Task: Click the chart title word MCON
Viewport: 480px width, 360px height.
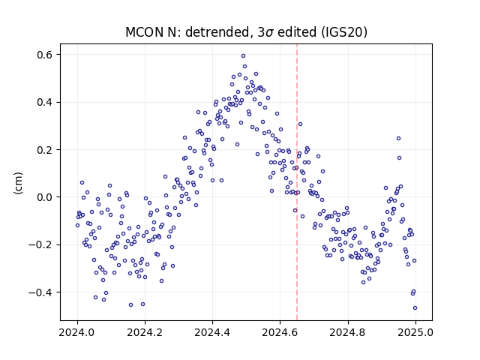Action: coord(145,31)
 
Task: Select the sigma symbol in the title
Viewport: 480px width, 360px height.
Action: coord(269,33)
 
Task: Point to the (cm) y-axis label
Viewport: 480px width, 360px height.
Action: coord(18,183)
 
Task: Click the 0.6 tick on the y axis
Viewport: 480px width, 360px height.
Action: coord(45,55)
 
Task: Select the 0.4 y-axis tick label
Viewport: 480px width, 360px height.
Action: coord(45,102)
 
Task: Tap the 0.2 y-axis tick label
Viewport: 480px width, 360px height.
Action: coord(45,150)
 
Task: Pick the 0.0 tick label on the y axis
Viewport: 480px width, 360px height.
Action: coord(45,197)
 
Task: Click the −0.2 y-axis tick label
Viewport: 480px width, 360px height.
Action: coord(40,245)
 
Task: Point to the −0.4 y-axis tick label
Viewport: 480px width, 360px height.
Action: coord(40,292)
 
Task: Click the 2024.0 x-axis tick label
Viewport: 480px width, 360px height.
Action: coord(77,332)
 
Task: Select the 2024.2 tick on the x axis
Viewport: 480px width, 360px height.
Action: coord(145,332)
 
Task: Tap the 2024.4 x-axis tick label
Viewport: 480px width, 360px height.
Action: coord(212,332)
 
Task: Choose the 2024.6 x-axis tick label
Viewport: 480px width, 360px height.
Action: coord(280,332)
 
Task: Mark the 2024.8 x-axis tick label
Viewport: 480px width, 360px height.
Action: coord(348,332)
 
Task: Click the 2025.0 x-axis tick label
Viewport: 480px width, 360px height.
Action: coord(415,332)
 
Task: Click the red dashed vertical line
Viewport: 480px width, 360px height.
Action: coord(297,182)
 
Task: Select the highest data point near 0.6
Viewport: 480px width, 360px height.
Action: coord(243,56)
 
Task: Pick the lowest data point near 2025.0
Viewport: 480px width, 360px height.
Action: coord(415,308)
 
